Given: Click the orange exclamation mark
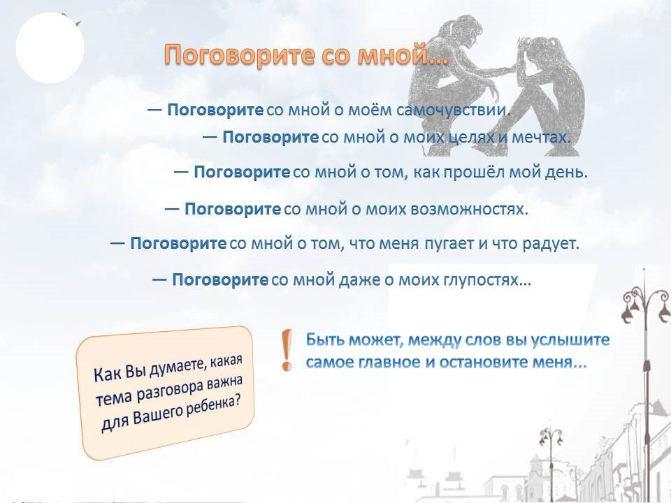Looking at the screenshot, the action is tap(287, 349).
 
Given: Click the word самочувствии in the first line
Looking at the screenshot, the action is tap(454, 110).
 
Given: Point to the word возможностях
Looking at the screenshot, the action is tap(469, 209).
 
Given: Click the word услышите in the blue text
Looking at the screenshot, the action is tap(570, 340).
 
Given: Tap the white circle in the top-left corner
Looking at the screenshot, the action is tap(50, 48).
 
